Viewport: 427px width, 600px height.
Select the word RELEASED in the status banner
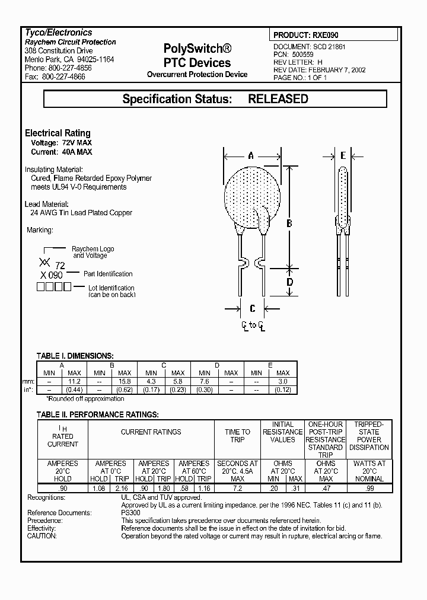point(278,99)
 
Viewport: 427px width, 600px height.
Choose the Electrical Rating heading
point(58,133)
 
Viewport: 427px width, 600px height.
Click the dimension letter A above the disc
point(251,156)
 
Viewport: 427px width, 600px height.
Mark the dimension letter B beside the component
point(289,223)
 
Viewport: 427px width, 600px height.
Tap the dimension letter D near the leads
point(289,282)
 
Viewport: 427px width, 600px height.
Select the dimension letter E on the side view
point(343,156)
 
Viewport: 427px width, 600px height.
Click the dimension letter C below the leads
point(253,308)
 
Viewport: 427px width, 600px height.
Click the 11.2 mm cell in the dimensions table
point(74,381)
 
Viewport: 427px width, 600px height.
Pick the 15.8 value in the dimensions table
point(125,381)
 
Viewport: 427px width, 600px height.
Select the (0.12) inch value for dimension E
point(282,390)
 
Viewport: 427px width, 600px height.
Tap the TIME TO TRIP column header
point(237,436)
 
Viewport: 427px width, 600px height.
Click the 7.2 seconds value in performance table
point(237,487)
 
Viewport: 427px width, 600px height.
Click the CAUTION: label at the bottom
point(42,536)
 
